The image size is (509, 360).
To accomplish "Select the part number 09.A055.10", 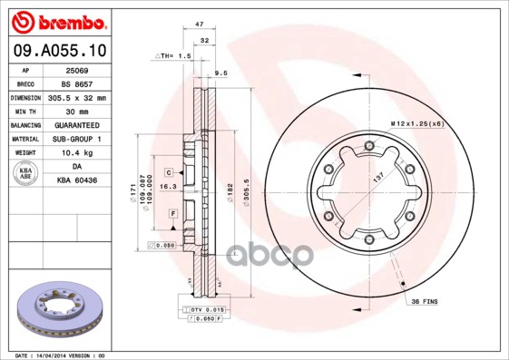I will point(59,52).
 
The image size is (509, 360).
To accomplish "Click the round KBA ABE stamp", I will point(25,174).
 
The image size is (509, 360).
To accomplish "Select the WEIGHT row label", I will point(25,153).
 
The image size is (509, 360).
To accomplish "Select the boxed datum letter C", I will point(169,171).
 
